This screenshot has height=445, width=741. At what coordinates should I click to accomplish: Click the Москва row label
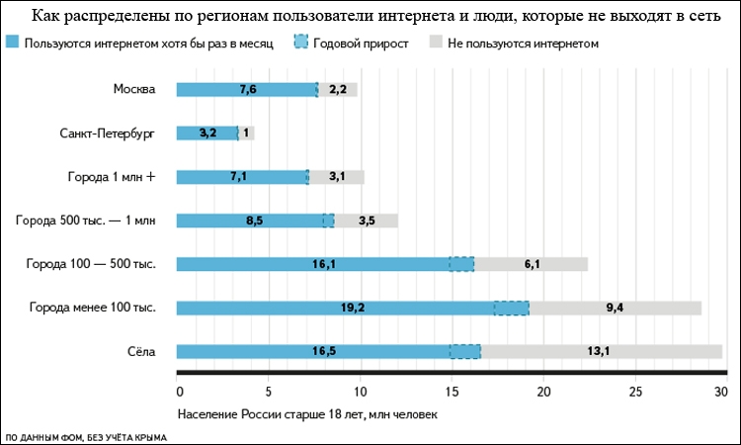point(134,89)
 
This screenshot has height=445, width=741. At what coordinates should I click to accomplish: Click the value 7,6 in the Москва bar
point(248,90)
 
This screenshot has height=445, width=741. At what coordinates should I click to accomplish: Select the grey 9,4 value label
point(614,308)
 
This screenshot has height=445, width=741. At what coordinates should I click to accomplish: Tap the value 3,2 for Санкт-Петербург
point(207,133)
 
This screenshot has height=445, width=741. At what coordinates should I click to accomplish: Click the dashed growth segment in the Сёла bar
point(464,351)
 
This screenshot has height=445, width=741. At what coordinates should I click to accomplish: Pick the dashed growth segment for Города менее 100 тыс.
point(511,308)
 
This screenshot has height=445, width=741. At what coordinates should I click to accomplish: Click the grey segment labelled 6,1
point(531,264)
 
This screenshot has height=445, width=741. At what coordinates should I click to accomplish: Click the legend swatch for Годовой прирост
point(302,44)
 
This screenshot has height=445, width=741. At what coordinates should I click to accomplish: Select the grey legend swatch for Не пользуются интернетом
point(436,44)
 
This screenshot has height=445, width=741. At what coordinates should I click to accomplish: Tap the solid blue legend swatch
point(12,44)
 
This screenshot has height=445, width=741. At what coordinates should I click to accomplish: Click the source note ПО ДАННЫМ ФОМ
point(86,436)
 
